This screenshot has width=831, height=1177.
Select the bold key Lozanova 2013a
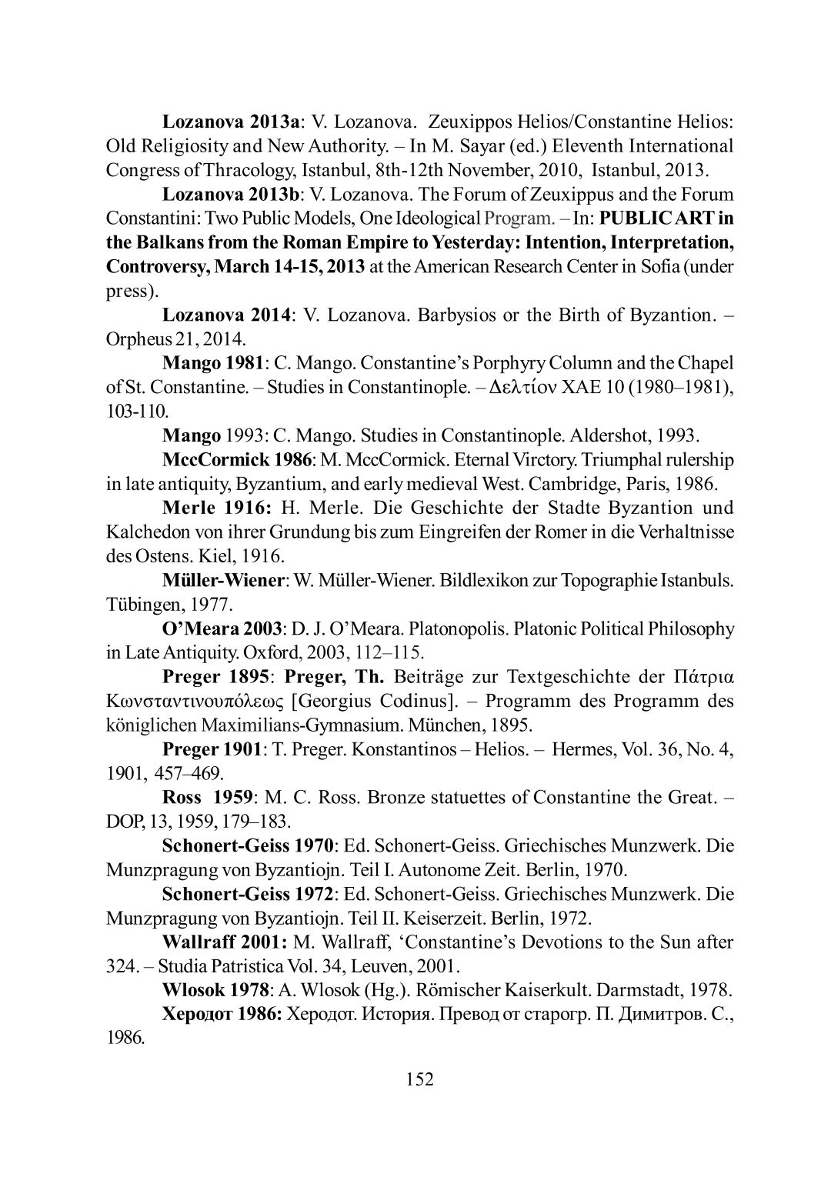231,122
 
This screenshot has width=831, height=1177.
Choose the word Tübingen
142,605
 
